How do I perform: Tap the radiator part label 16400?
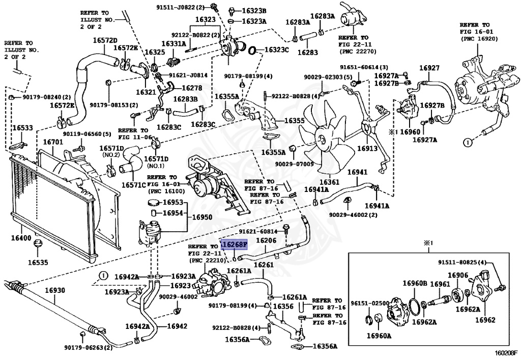click(21, 238)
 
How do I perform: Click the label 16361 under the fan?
click(329, 182)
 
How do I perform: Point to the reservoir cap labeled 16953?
click(154, 203)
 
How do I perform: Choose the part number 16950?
click(202, 217)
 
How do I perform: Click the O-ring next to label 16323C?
click(252, 50)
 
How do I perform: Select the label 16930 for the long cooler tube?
click(55, 290)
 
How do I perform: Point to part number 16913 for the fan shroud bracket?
click(367, 149)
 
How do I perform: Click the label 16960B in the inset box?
click(415, 283)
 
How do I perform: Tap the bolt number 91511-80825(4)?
click(462, 263)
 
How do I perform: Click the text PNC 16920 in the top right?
click(479, 39)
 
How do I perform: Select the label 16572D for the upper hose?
click(105, 40)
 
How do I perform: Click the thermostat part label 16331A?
click(174, 44)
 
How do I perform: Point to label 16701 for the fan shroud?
click(53, 142)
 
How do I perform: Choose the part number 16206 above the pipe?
click(266, 240)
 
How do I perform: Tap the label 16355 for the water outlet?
click(295, 120)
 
